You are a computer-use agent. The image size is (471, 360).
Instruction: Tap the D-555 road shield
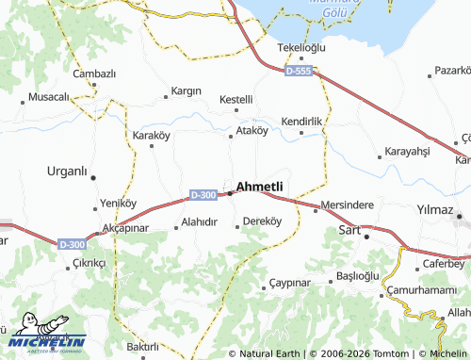(x=299, y=71)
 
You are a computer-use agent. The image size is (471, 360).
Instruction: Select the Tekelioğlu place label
(x=300, y=48)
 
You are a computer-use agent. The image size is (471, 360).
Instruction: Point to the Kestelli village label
(x=235, y=99)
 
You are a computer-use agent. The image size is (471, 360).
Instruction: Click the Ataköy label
(x=252, y=131)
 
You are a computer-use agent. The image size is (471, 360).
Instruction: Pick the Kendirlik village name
(x=302, y=123)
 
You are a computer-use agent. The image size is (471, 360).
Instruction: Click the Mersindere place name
(x=348, y=205)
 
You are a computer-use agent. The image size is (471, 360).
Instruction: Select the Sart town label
(x=349, y=230)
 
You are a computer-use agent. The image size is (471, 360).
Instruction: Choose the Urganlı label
(x=67, y=172)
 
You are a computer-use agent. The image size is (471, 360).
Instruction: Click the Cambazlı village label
(x=94, y=74)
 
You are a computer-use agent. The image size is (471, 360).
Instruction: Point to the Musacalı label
(x=49, y=97)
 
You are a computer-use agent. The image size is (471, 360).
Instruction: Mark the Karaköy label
(x=151, y=136)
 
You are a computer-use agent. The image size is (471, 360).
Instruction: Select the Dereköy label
(x=263, y=221)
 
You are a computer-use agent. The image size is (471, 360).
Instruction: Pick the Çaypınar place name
(x=289, y=283)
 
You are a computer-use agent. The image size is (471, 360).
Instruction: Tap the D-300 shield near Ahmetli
(x=203, y=195)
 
